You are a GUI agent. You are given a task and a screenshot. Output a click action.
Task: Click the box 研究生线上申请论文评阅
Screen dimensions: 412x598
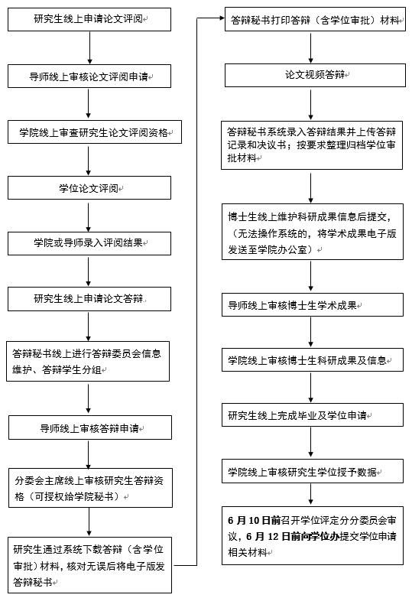[89, 19]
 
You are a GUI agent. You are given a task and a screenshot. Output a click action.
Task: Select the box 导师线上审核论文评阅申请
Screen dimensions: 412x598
[89, 76]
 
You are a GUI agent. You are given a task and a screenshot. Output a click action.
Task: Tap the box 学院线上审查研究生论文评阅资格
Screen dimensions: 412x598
[95, 132]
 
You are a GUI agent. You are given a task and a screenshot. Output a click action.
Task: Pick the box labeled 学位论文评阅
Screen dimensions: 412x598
[89, 188]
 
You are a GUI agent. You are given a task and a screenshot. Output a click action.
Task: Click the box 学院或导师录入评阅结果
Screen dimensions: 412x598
[89, 243]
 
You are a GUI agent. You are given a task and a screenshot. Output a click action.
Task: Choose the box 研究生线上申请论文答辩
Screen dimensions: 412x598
[89, 299]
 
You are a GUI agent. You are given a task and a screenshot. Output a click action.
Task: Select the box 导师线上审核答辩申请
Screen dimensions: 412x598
[90, 427]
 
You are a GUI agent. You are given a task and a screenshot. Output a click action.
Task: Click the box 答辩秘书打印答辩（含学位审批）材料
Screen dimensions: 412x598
[315, 19]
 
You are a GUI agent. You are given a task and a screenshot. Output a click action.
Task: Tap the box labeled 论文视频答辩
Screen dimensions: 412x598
[315, 75]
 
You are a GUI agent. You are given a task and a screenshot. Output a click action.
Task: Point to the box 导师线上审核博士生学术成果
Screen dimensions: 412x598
[313, 304]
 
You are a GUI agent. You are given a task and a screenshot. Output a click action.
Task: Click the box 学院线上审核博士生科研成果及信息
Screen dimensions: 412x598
[313, 359]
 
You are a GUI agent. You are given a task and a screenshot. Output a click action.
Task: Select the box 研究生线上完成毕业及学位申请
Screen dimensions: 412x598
[313, 415]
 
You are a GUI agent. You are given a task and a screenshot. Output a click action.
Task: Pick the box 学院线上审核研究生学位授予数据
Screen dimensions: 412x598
[313, 471]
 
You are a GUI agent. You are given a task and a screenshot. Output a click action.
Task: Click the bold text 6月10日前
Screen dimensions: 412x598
[255, 520]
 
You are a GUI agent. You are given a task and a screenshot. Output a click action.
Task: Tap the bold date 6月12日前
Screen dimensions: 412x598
[274, 536]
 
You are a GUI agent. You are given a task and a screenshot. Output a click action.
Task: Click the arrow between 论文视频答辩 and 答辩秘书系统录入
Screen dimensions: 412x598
[310, 105]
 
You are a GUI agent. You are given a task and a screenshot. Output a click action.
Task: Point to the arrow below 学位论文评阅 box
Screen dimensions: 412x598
[89, 217]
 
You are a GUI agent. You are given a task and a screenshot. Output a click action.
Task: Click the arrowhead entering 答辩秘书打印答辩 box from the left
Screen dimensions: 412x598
[222, 18]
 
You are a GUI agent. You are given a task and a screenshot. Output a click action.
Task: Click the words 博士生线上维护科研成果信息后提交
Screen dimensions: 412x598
[307, 216]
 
